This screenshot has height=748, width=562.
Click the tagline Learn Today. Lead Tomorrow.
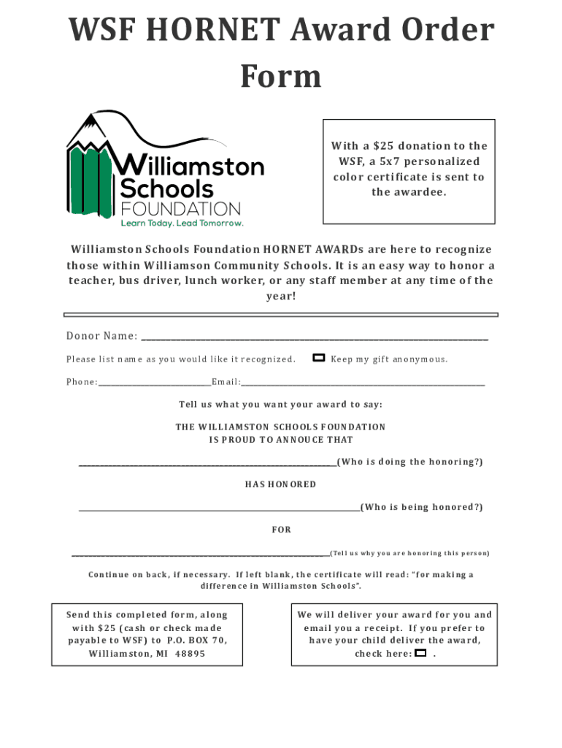coord(182,223)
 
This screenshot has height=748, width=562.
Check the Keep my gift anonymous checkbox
coord(319,358)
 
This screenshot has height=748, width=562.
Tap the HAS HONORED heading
coord(280,484)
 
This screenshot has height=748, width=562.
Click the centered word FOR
coord(281,530)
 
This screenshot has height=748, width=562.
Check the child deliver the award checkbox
coord(420,653)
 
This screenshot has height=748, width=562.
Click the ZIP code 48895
coord(190,654)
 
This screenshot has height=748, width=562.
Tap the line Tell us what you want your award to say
coord(280,404)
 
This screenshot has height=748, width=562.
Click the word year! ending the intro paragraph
coord(280,297)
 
